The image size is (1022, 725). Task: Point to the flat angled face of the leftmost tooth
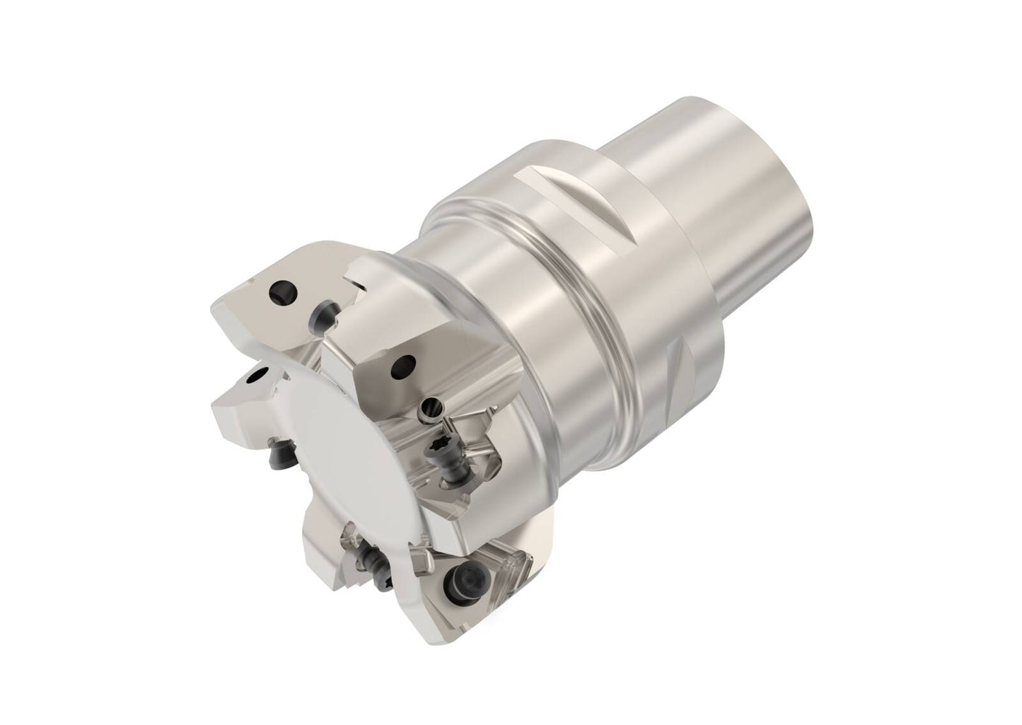[x=240, y=403]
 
